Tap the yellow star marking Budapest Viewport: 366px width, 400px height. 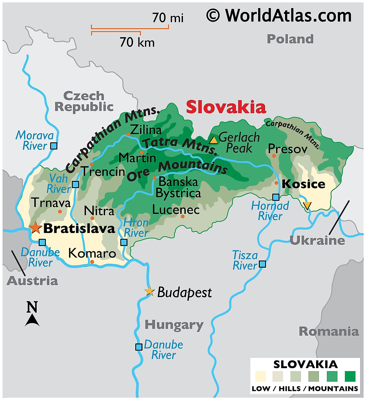pos(149,291)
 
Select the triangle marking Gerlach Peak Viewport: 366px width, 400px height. pos(213,140)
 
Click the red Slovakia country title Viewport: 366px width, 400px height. pos(226,107)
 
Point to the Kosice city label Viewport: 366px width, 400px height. pos(303,184)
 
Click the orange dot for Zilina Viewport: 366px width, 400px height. pos(128,134)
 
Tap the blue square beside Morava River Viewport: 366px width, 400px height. pos(54,146)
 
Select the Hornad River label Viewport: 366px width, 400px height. pos(270,211)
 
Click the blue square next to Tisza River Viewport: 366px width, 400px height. pos(262,264)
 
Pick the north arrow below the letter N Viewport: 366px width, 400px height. pos(32,320)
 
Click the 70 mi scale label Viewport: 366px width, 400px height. pos(168,18)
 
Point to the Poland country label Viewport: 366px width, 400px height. pos(290,39)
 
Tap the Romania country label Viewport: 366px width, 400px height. pos(329,331)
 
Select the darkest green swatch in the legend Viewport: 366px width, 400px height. pos(350,376)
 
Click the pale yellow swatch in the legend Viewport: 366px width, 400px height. pos(260,376)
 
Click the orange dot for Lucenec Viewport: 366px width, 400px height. pos(183,216)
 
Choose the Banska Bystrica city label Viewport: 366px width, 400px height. pos(178,188)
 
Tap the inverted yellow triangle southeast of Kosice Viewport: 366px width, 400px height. pos(307,206)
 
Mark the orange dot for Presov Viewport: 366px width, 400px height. pos(274,156)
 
